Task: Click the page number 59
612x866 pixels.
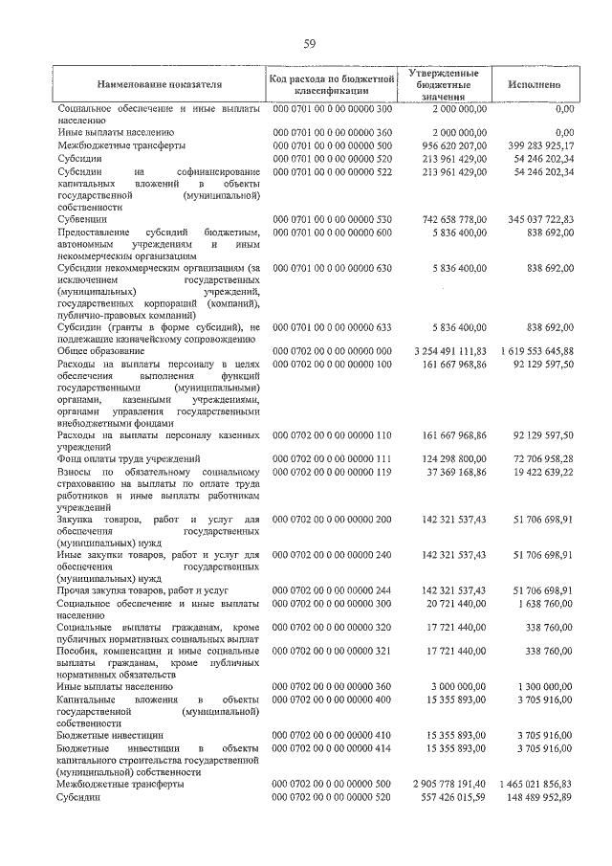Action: [x=310, y=43]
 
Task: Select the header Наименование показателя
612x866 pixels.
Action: [x=159, y=84]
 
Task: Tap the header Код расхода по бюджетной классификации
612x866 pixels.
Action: [x=332, y=84]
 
